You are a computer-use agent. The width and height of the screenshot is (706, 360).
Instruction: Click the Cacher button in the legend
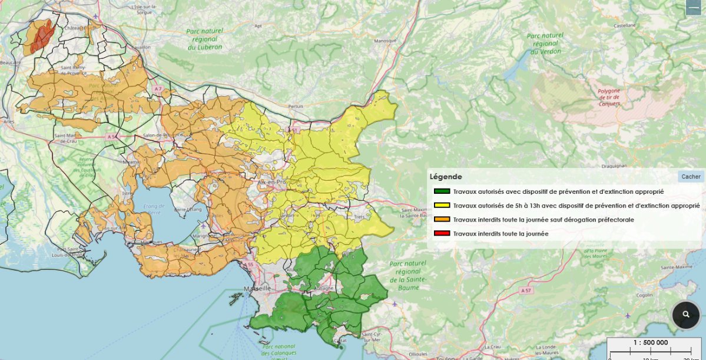point(691,177)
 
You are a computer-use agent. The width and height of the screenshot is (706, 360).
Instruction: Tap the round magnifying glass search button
point(686,315)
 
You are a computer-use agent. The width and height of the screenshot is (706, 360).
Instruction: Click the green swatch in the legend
point(442,191)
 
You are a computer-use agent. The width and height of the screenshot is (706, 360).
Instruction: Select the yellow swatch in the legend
point(442,206)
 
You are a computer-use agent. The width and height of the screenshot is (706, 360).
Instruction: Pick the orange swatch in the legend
point(442,220)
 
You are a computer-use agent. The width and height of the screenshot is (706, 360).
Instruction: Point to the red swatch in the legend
point(442,234)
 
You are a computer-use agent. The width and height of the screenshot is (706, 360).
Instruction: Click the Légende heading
point(446,177)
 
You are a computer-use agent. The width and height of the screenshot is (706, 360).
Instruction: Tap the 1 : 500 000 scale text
point(650,342)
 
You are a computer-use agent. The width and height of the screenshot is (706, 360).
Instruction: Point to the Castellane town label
point(625,26)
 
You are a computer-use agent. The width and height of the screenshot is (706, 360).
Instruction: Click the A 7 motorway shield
point(157,88)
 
